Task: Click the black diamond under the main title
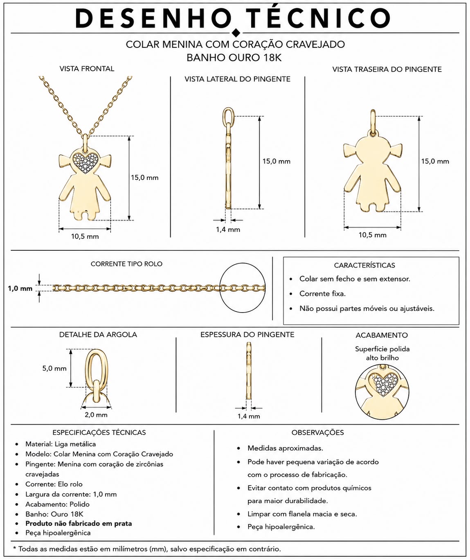coord(236,33)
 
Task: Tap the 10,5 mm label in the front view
coord(85,236)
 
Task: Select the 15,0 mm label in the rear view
coord(435,161)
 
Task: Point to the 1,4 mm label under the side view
coord(228,229)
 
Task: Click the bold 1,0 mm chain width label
coord(20,288)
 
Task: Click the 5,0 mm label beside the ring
coord(54,368)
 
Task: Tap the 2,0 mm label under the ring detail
coord(96,415)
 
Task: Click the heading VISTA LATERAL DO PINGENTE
coord(237,79)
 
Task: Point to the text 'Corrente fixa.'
coord(322,294)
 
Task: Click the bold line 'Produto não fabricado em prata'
coord(79,523)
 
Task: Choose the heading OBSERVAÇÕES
coord(317,432)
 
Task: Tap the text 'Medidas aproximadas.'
coord(285,448)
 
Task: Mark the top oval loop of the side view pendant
coord(228,116)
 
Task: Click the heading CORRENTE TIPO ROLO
coord(126,264)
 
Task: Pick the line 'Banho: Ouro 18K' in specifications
coord(54,514)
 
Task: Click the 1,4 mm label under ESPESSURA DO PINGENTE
coord(249,416)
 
